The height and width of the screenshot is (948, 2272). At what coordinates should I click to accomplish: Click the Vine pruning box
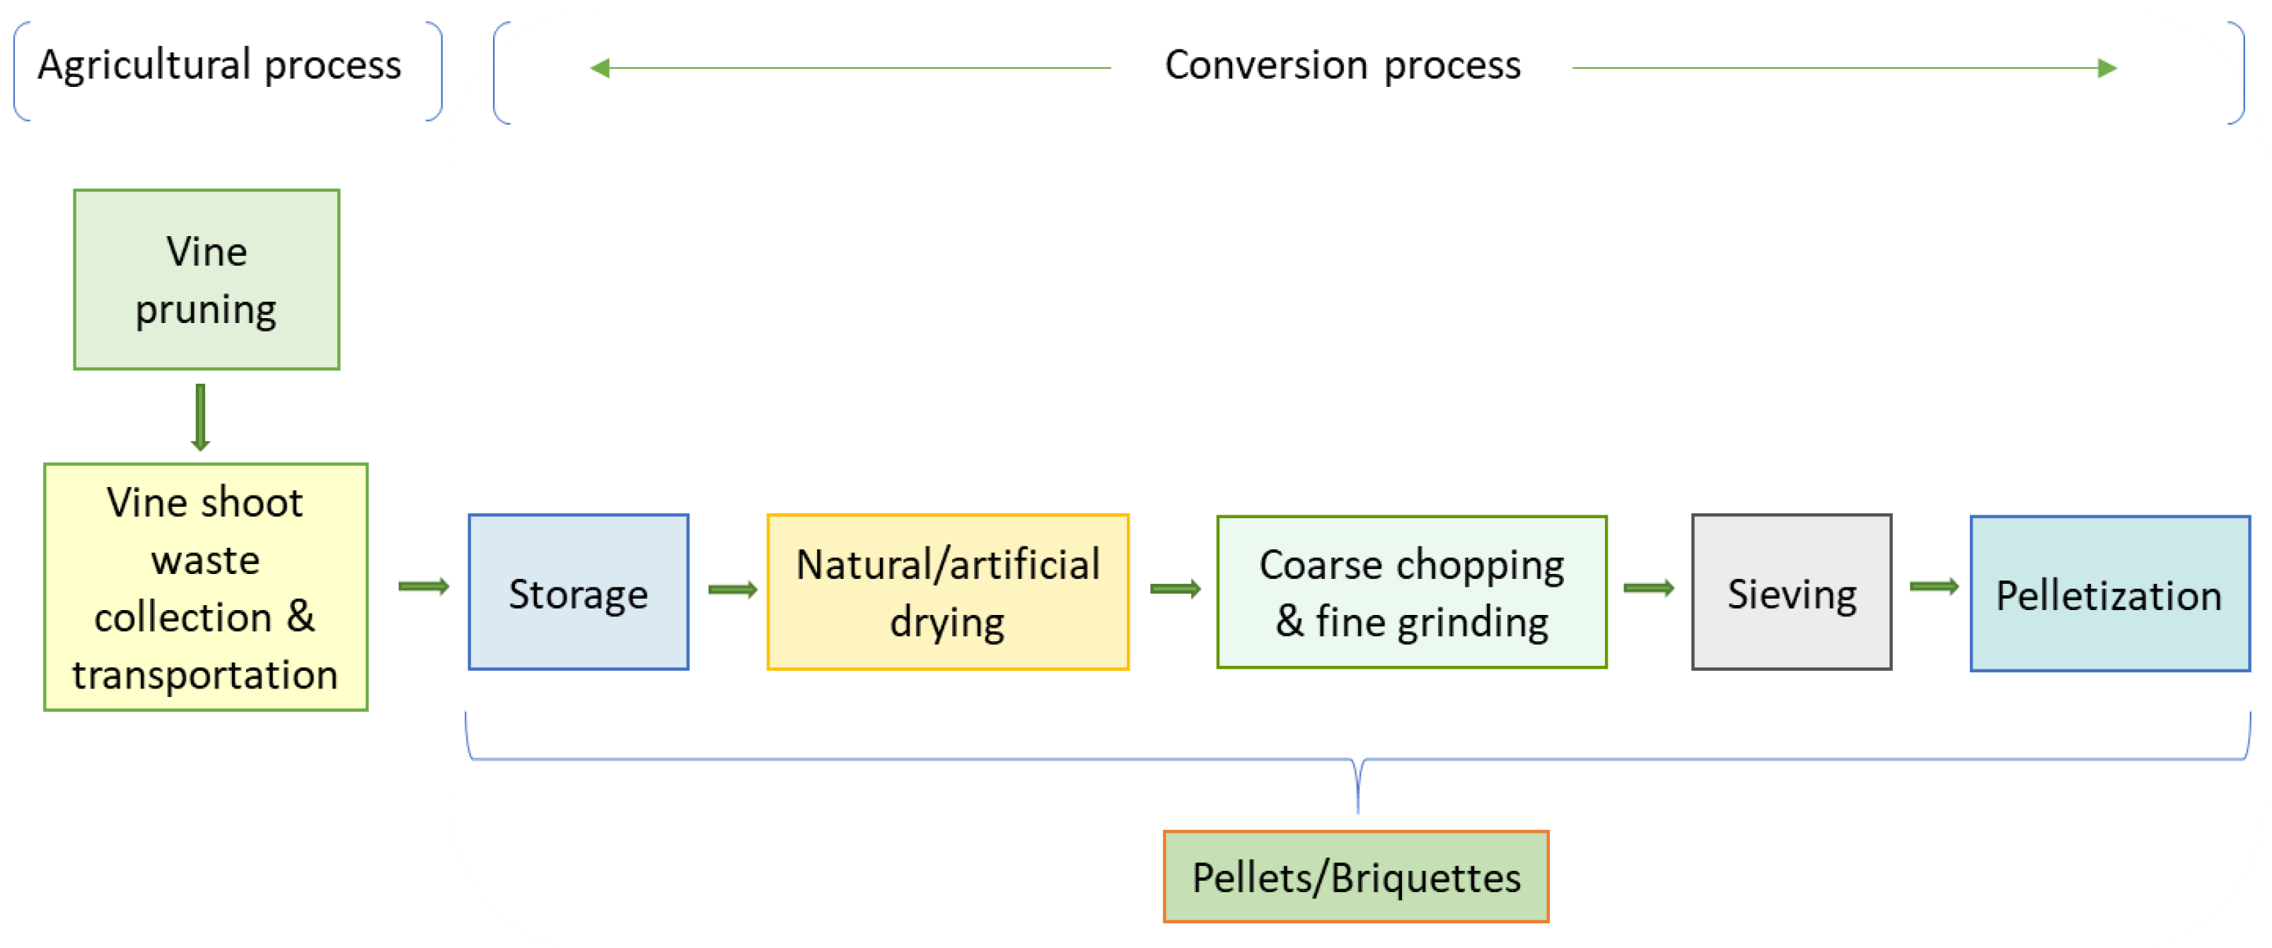[x=207, y=279]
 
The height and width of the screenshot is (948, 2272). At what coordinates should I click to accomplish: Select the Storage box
[x=578, y=592]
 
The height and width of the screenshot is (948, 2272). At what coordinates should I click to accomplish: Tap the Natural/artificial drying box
[x=947, y=592]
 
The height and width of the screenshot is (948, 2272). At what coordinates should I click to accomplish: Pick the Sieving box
[x=1790, y=592]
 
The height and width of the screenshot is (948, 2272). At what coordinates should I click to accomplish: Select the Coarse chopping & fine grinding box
[x=1411, y=592]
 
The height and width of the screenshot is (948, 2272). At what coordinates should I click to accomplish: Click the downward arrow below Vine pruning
[x=200, y=417]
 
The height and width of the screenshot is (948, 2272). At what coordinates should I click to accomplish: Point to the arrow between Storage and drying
[x=732, y=589]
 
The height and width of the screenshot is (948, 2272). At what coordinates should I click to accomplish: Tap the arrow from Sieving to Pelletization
[x=1933, y=587]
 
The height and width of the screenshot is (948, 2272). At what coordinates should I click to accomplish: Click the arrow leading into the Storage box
[x=424, y=587]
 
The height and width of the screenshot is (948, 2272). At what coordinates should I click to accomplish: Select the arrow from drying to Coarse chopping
[x=1175, y=589]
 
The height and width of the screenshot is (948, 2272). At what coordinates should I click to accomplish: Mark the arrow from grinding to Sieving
[x=1647, y=588]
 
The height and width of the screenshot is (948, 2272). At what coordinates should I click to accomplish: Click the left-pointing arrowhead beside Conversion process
[x=601, y=68]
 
